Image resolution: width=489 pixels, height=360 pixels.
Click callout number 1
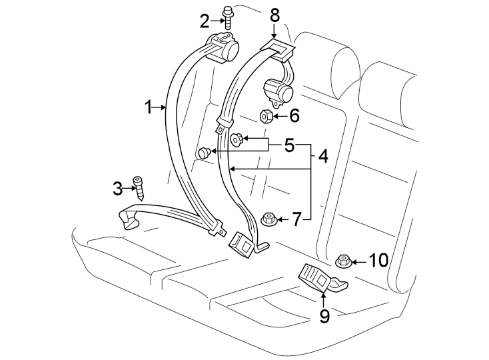pyautogui.click(x=151, y=106)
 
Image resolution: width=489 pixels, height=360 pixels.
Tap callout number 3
pyautogui.click(x=118, y=189)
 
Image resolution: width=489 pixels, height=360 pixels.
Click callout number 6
pyautogui.click(x=293, y=116)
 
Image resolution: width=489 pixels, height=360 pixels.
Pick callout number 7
pyautogui.click(x=296, y=218)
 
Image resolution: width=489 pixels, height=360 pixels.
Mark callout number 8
pyautogui.click(x=274, y=14)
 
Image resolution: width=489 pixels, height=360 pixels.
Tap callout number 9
pyautogui.click(x=324, y=314)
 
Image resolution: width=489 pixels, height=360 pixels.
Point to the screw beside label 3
pyautogui.click(x=139, y=188)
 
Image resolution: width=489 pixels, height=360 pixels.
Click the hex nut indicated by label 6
pyautogui.click(x=265, y=117)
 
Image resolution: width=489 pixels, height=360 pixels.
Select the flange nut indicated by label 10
pyautogui.click(x=343, y=261)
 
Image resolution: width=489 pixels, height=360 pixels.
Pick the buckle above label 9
pyautogui.click(x=317, y=276)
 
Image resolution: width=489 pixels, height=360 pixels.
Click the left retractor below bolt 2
pyautogui.click(x=225, y=49)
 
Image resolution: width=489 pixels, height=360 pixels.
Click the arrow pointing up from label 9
pyautogui.click(x=324, y=297)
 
